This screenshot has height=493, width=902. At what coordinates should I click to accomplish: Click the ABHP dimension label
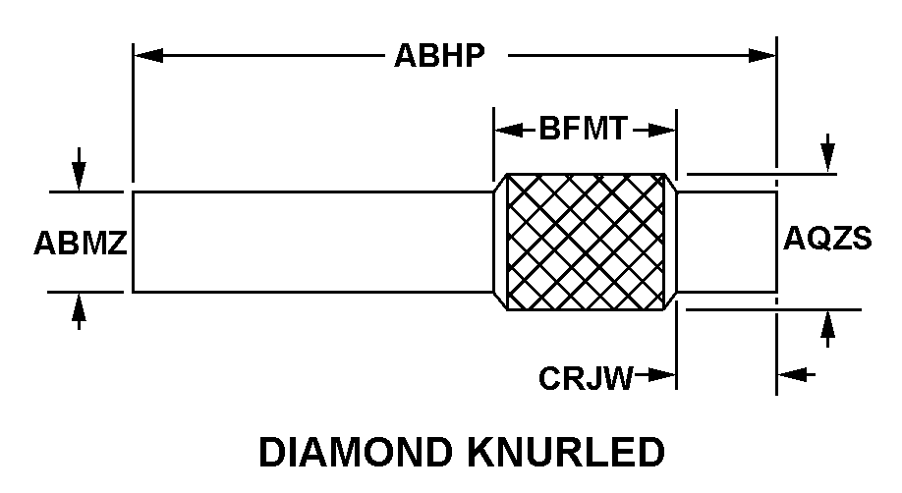(x=439, y=56)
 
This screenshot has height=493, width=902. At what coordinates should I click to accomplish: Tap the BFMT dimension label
(x=583, y=129)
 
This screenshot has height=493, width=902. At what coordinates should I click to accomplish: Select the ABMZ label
(x=81, y=243)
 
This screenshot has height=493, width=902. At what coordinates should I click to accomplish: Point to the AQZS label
(x=827, y=238)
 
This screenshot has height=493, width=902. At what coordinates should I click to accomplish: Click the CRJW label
(x=586, y=378)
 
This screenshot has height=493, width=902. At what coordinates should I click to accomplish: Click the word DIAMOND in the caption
(x=356, y=452)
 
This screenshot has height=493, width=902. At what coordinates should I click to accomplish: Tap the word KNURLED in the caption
(x=566, y=452)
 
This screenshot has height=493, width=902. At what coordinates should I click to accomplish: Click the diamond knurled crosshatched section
(x=585, y=242)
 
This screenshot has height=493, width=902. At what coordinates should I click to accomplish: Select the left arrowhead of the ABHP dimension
(x=148, y=56)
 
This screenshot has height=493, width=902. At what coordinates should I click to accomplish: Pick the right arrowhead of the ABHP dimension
(x=762, y=56)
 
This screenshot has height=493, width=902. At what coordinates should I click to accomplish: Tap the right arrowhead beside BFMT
(x=661, y=131)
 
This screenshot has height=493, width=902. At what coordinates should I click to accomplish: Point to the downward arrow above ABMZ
(x=79, y=169)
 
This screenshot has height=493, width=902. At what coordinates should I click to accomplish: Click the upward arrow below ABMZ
(x=79, y=311)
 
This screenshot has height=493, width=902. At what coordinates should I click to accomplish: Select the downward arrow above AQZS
(x=827, y=153)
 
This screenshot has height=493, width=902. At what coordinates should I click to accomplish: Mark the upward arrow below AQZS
(x=827, y=329)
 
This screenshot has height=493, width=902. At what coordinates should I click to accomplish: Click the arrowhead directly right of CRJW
(x=661, y=375)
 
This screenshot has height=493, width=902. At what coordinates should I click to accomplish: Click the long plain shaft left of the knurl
(x=313, y=243)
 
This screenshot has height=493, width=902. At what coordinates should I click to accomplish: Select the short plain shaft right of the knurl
(x=727, y=243)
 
